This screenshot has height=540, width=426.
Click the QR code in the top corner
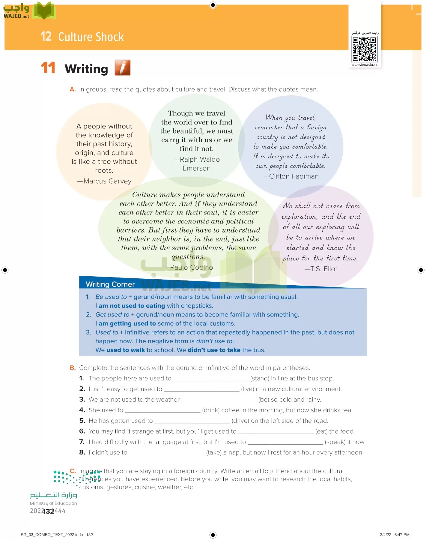pyautogui.click(x=365, y=49)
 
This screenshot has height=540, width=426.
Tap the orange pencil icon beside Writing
pyautogui.click(x=123, y=67)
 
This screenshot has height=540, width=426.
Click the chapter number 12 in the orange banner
pyautogui.click(x=46, y=37)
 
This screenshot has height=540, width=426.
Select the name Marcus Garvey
pyautogui.click(x=107, y=181)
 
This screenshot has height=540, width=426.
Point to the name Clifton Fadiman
pyautogui.click(x=293, y=176)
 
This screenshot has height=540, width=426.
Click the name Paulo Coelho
pyautogui.click(x=191, y=267)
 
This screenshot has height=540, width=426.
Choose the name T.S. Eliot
pyautogui.click(x=323, y=269)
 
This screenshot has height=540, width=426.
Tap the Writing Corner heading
pyautogui.click(x=110, y=284)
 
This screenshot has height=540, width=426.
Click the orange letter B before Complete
pyautogui.click(x=73, y=368)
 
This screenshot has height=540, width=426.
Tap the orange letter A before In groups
pyautogui.click(x=73, y=89)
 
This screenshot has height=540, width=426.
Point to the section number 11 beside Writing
pyautogui.click(x=48, y=68)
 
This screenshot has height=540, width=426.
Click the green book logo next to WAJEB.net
pyautogui.click(x=44, y=11)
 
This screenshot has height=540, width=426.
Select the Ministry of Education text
pyautogui.click(x=53, y=503)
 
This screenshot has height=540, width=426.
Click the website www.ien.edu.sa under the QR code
pyautogui.click(x=364, y=64)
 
